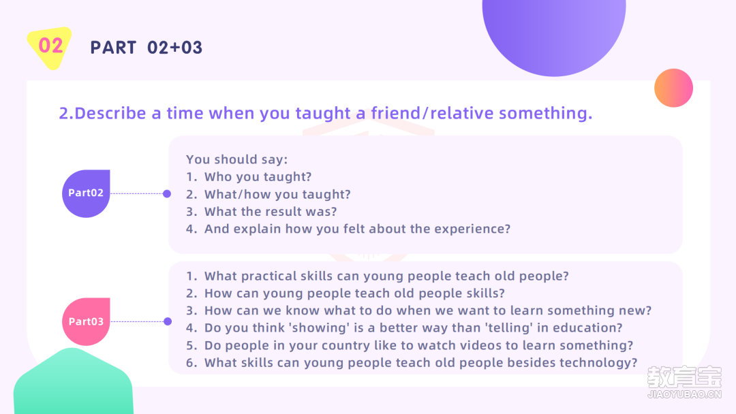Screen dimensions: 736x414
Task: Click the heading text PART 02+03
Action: click(147, 48)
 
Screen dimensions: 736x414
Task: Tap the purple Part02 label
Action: click(86, 193)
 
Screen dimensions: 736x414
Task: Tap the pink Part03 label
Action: click(86, 321)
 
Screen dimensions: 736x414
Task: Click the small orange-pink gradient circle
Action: click(673, 88)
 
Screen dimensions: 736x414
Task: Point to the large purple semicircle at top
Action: click(554, 33)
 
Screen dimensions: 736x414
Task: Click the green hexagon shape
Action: click(73, 382)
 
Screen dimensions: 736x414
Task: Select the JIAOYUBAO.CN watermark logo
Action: click(684, 382)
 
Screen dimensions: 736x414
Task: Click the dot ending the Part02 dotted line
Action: click(167, 193)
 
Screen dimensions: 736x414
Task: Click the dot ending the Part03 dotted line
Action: click(168, 321)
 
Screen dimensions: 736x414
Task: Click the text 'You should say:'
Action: click(236, 159)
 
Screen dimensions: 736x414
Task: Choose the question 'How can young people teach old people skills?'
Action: click(354, 293)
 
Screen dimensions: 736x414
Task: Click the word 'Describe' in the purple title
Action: click(110, 113)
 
